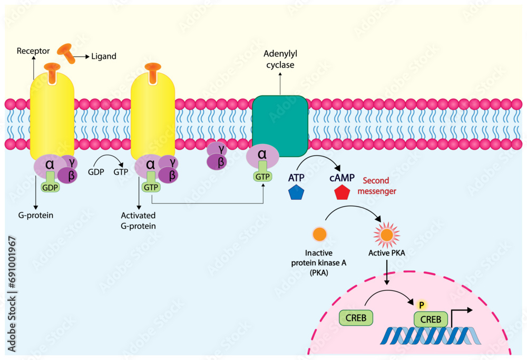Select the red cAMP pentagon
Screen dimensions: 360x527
(342, 192)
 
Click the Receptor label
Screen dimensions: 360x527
(33, 51)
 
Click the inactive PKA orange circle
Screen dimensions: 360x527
(319, 233)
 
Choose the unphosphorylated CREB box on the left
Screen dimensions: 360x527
(355, 317)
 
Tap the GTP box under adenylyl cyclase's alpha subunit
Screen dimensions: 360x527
(262, 177)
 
